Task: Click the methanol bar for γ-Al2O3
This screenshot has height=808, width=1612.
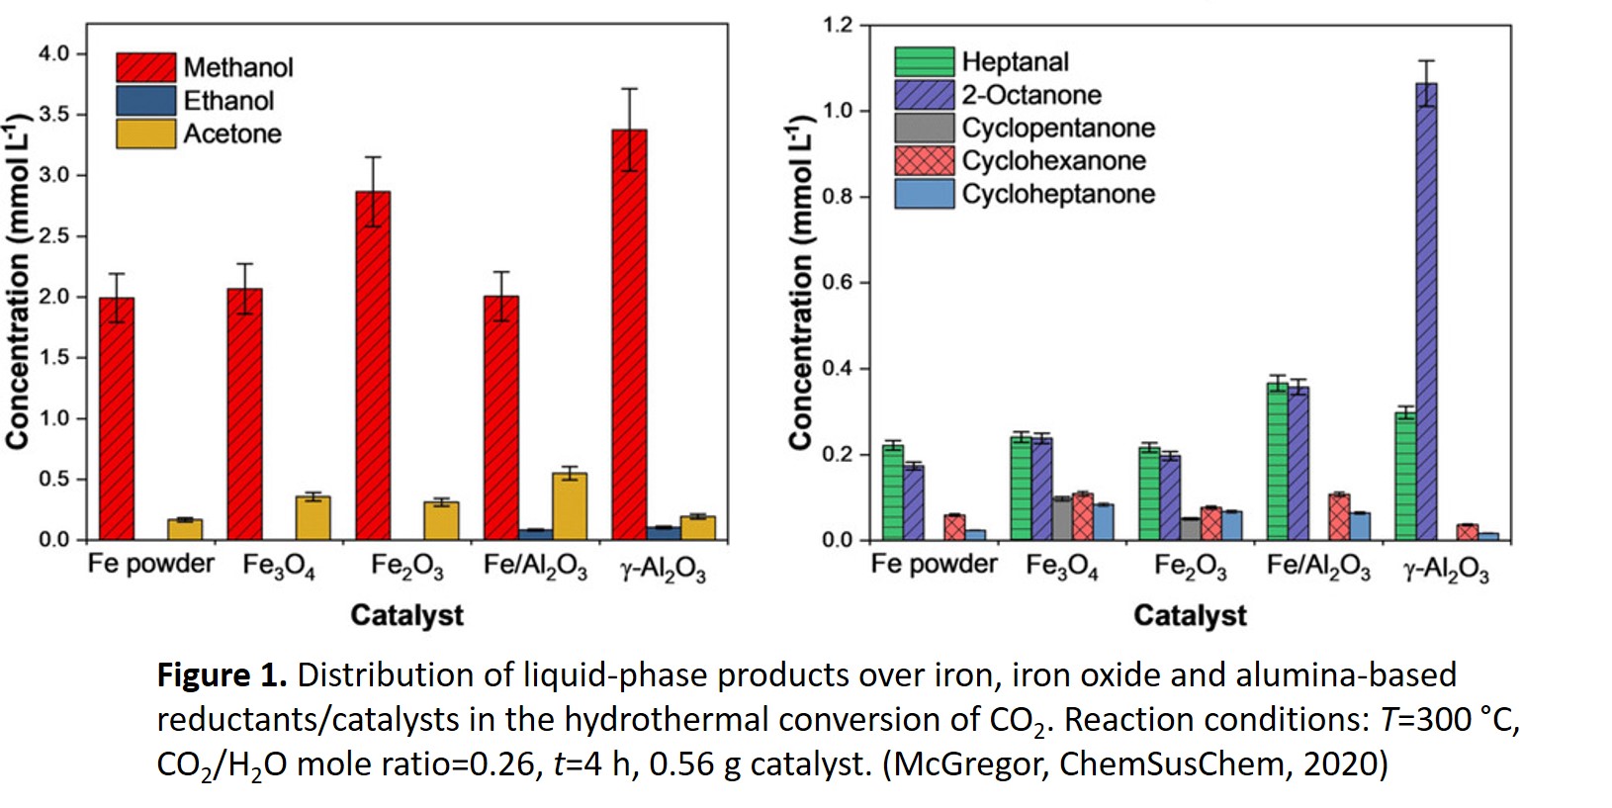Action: [629, 336]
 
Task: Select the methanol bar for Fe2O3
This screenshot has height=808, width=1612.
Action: [373, 366]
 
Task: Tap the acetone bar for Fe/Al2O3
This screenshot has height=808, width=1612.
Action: [570, 506]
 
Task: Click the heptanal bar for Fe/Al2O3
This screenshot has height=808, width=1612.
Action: [1278, 461]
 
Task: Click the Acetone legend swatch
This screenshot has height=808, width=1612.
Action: [145, 134]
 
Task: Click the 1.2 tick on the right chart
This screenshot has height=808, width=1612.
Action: [837, 25]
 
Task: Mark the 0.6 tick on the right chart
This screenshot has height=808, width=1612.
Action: [837, 283]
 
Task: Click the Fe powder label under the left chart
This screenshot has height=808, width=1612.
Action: [150, 564]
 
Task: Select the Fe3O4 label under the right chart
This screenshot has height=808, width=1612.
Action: [1061, 567]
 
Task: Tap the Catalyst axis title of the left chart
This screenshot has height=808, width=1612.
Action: [406, 615]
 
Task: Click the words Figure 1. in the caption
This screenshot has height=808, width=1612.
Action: [222, 675]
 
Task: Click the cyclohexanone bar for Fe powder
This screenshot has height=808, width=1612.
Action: [954, 527]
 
